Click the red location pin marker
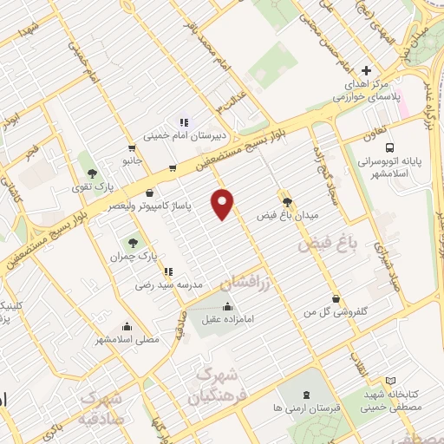pyautogui.click(x=225, y=204)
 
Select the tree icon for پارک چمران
pyautogui.click(x=133, y=244)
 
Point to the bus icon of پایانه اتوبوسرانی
pyautogui.click(x=389, y=147)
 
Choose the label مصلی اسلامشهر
pyautogui.click(x=129, y=340)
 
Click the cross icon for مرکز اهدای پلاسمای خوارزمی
pyautogui.click(x=366, y=70)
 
